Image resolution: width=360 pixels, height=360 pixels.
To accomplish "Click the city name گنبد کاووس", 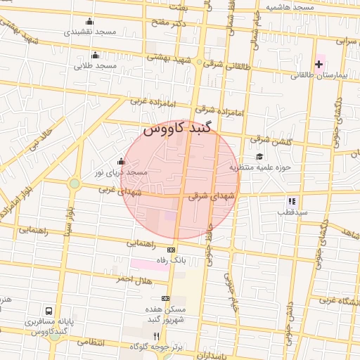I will (176, 130).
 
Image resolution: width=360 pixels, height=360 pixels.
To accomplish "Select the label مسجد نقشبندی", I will (90, 32).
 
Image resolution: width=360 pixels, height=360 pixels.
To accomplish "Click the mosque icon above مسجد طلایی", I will (96, 56).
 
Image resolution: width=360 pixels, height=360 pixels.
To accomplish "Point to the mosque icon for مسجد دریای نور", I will (121, 161).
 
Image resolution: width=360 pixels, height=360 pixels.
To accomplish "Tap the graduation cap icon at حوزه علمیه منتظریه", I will (259, 156).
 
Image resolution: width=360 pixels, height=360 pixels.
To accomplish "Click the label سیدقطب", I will (289, 211).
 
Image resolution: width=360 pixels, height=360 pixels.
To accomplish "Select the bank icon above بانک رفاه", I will (171, 250).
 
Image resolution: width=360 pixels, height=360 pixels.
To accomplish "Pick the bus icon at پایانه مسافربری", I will (49, 310).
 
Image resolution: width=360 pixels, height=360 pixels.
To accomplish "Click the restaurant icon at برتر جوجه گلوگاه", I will (156, 336).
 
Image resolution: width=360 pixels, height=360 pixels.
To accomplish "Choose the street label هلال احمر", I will (134, 279).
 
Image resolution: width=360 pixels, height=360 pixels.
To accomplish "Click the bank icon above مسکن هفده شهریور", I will (165, 298).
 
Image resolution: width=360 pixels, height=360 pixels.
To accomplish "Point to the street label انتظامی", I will (89, 342).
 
